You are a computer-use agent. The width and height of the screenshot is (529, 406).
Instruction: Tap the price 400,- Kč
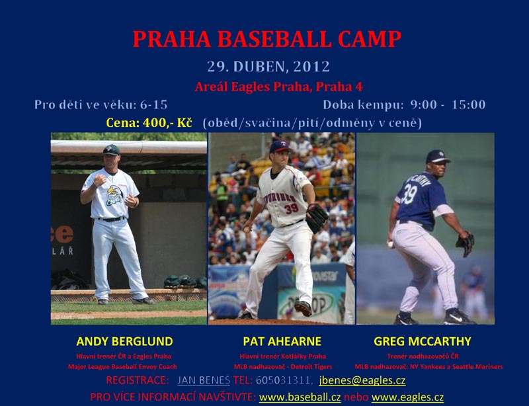[x=167, y=122]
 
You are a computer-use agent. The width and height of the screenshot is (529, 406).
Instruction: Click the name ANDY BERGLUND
[x=124, y=342]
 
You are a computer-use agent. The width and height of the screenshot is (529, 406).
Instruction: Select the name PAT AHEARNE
[x=282, y=342]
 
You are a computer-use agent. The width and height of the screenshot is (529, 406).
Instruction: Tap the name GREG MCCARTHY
[x=423, y=342]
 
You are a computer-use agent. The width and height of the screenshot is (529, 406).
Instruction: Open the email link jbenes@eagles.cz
[x=362, y=380]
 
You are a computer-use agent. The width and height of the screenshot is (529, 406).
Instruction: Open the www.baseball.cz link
[x=300, y=397]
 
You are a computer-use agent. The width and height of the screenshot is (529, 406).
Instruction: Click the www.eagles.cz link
[x=407, y=397]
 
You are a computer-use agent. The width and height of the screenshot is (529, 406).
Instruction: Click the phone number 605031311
[x=283, y=380]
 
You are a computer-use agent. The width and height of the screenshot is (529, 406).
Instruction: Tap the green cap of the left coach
[x=111, y=149]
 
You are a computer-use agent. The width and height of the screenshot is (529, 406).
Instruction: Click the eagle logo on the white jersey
[x=114, y=196]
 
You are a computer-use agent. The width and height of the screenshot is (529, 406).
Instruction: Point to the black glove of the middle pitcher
[x=317, y=218]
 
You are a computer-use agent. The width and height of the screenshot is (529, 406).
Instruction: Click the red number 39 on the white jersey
[x=292, y=208]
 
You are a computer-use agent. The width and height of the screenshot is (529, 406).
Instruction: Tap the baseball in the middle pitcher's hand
[x=246, y=229]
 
